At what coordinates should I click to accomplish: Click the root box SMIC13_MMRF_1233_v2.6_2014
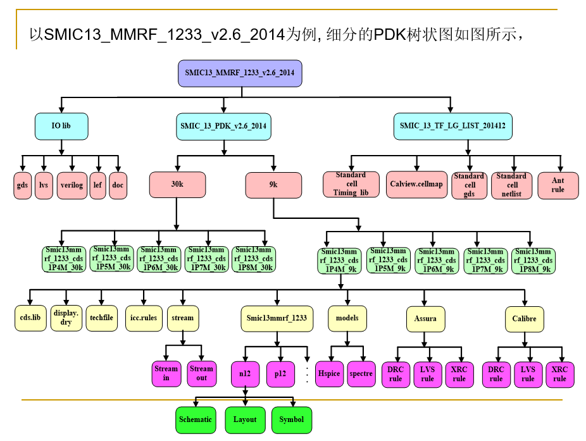(x=240, y=73)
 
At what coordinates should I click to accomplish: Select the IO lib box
(x=61, y=126)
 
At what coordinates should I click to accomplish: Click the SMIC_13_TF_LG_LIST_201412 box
(x=452, y=126)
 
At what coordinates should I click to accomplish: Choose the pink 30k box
(x=177, y=185)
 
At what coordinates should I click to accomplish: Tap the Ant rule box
(x=557, y=185)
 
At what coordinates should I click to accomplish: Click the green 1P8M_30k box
(x=252, y=259)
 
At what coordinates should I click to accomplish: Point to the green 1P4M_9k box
(x=339, y=261)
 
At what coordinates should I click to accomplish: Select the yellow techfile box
(x=102, y=318)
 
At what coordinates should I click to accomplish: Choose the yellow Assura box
(x=425, y=319)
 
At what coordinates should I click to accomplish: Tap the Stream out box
(x=201, y=373)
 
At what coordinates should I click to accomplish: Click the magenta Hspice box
(x=329, y=373)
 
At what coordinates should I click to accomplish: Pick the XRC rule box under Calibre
(x=559, y=374)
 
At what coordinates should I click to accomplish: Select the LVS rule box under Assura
(x=427, y=374)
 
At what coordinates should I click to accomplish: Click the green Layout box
(x=245, y=419)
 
